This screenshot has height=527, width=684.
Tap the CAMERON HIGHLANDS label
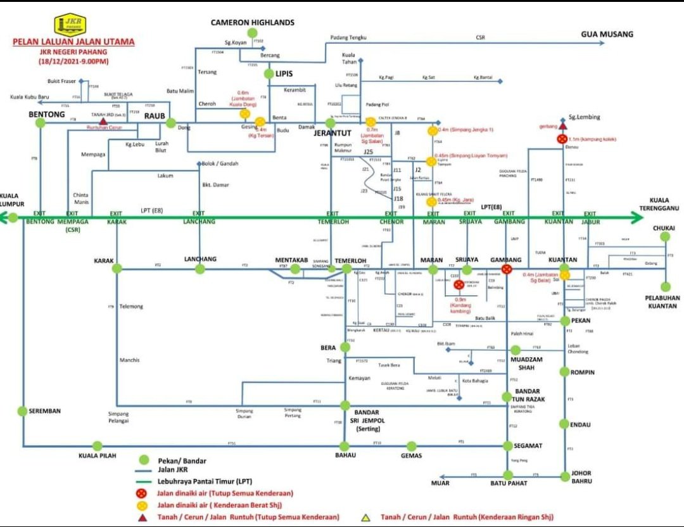[x=252, y=23]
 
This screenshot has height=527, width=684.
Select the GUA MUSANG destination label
[x=607, y=34]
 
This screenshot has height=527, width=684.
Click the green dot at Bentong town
[x=41, y=124]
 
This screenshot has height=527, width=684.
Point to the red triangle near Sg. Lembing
[x=562, y=126]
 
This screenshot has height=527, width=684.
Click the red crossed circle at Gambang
[x=507, y=270]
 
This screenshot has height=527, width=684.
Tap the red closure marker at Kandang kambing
[x=459, y=285]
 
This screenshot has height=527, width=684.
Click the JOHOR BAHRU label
[x=581, y=476]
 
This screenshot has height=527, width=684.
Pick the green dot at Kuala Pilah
[x=97, y=446]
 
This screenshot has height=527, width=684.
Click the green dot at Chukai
[x=665, y=237]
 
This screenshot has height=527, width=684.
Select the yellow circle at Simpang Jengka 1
[x=433, y=130]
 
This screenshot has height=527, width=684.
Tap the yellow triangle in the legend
[x=365, y=517]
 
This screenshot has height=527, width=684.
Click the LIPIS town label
[x=284, y=73]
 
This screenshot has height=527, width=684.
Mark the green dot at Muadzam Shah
[x=516, y=350]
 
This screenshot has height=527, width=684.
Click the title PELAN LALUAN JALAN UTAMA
[x=73, y=42]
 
